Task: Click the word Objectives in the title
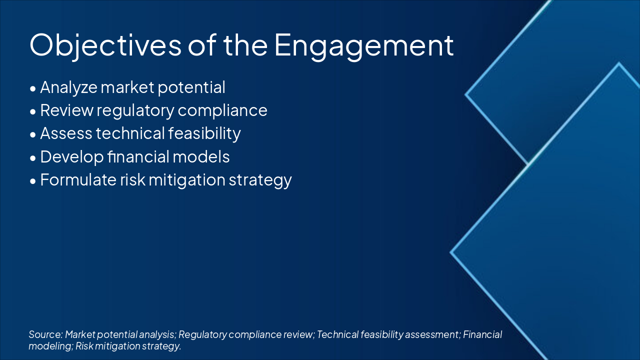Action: pyautogui.click(x=105, y=45)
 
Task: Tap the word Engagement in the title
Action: pyautogui.click(x=363, y=45)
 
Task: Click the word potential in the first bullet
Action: pyautogui.click(x=191, y=87)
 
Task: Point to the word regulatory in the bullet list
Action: pyautogui.click(x=135, y=111)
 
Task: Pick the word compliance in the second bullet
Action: pyautogui.click(x=222, y=111)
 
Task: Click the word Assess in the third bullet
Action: pyautogui.click(x=66, y=133)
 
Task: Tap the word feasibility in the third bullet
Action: pyautogui.click(x=204, y=134)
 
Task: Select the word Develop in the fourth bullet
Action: pyautogui.click(x=71, y=157)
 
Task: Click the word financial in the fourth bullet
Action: pyautogui.click(x=138, y=156)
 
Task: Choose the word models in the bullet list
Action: pyautogui.click(x=201, y=156)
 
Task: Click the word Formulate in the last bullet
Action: pyautogui.click(x=78, y=180)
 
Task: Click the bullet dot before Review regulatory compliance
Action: pyautogui.click(x=33, y=111)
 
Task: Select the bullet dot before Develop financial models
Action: pyautogui.click(x=33, y=158)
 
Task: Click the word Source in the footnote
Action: pyautogui.click(x=45, y=334)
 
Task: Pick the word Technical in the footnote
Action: pyautogui.click(x=337, y=334)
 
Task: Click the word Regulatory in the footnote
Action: pyautogui.click(x=202, y=335)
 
